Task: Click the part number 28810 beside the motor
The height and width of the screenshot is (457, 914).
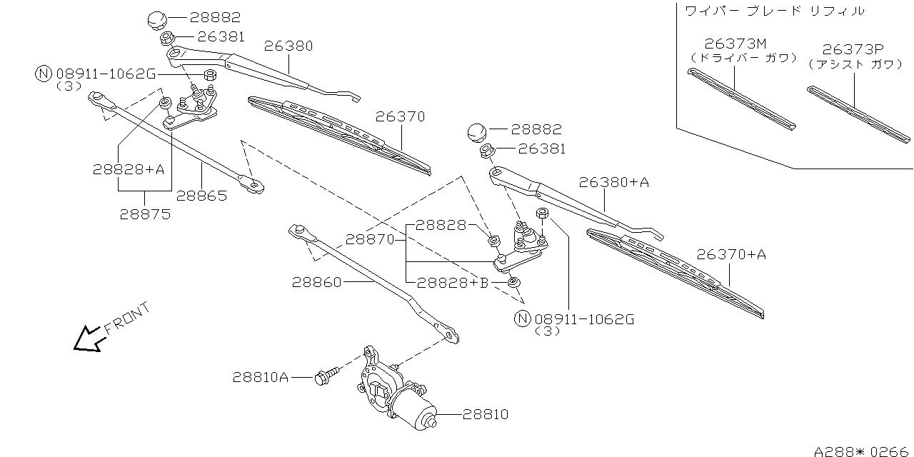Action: [486, 413]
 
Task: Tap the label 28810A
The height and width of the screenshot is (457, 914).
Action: [260, 377]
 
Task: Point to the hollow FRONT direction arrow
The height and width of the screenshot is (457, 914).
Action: [88, 339]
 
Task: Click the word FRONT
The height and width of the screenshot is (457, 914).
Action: [128, 318]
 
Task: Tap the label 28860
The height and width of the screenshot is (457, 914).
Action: [316, 282]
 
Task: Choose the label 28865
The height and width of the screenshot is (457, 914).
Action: [201, 196]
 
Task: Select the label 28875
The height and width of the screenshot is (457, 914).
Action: [146, 214]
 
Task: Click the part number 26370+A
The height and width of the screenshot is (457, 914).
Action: [731, 254]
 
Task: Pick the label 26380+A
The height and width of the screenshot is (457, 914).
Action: [614, 182]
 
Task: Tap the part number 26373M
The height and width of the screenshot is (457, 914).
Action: [735, 44]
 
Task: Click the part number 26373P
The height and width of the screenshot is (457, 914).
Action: [852, 49]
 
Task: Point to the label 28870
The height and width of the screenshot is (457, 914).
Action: [371, 239]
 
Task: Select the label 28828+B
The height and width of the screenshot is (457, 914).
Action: [453, 283]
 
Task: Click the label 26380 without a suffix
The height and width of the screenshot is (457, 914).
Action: [288, 46]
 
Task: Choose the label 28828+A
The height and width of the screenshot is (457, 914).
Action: [129, 169]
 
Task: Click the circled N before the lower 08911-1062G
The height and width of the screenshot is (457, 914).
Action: [523, 319]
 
